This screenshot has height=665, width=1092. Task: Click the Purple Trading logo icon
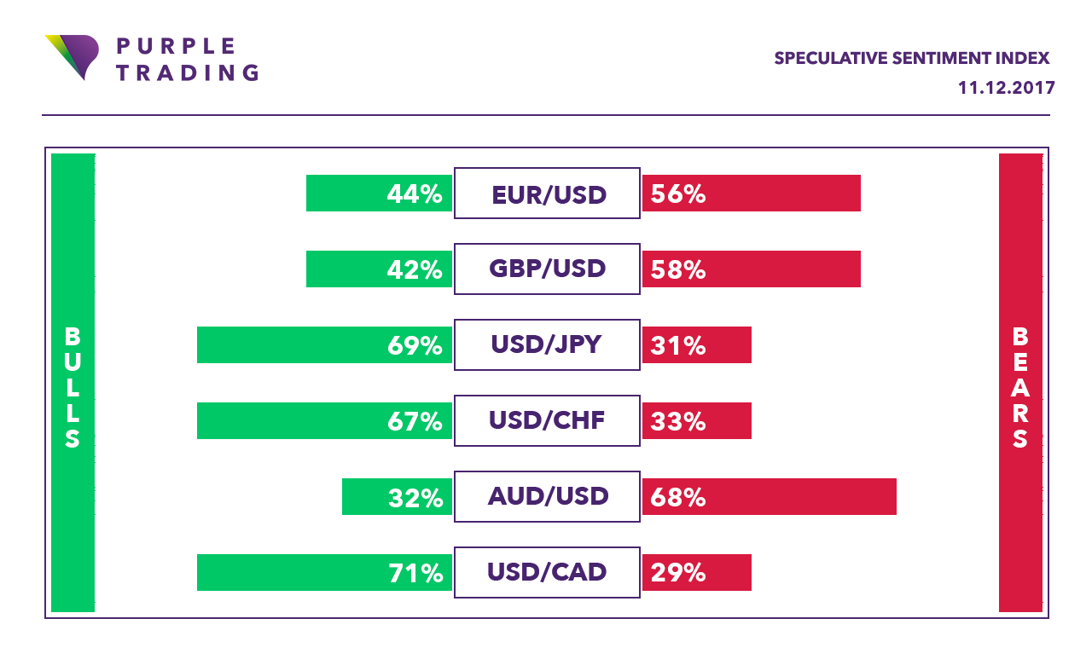(x=72, y=55)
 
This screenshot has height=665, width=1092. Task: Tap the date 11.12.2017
(x=1007, y=88)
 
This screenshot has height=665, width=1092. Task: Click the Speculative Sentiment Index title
(x=912, y=58)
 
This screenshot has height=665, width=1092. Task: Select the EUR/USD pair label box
(x=547, y=194)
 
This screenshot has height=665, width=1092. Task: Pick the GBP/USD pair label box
(x=547, y=269)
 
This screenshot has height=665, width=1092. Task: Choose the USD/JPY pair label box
(x=547, y=345)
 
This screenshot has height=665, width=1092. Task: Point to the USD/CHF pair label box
(x=547, y=421)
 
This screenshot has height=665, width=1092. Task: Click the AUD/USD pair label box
(x=547, y=496)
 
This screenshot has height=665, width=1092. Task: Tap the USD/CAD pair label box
(x=547, y=572)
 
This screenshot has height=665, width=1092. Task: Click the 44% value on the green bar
(x=415, y=194)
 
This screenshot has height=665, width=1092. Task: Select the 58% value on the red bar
(x=678, y=270)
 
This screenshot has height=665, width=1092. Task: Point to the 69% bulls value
(x=415, y=346)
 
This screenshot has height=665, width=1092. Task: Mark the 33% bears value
(x=678, y=422)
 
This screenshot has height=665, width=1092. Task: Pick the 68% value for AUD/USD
(x=678, y=497)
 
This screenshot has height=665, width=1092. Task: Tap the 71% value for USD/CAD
(x=415, y=573)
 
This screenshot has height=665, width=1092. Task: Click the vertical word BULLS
(x=73, y=388)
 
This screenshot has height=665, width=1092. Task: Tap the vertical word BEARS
(x=1020, y=388)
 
